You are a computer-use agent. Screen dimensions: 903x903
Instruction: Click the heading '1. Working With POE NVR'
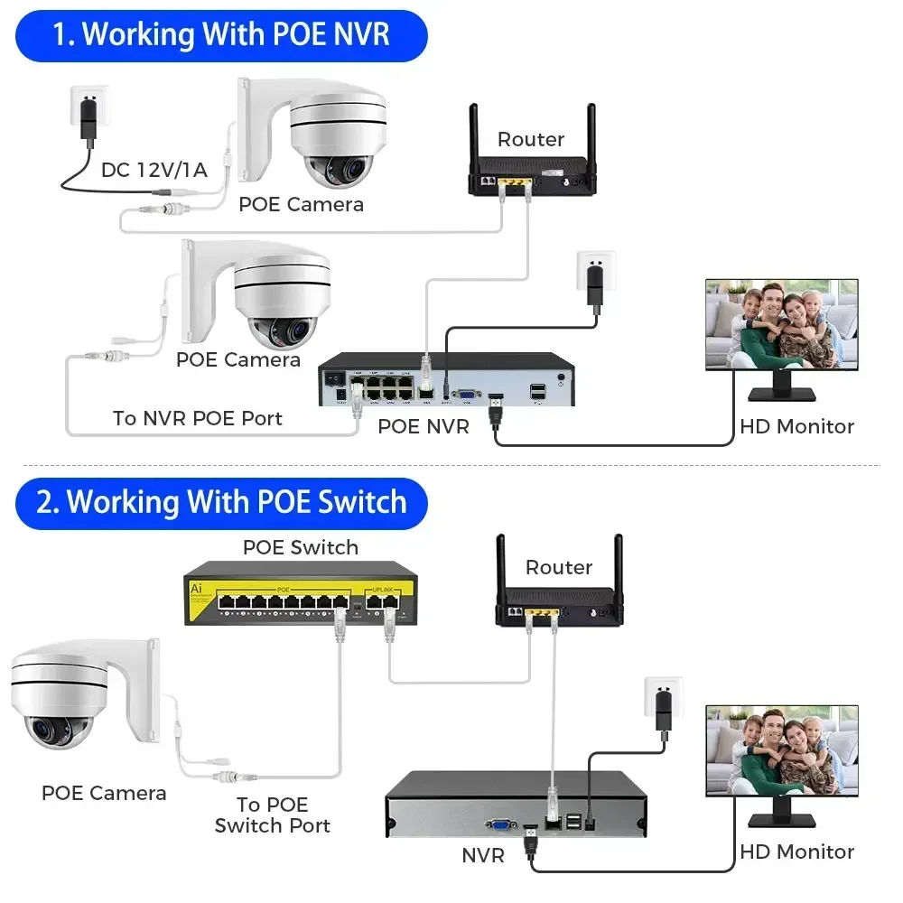click(221, 35)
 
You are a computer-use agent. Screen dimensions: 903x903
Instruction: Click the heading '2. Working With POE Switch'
click(221, 502)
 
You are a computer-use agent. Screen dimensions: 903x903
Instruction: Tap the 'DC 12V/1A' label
click(154, 170)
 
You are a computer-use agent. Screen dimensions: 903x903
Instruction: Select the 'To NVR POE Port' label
click(198, 418)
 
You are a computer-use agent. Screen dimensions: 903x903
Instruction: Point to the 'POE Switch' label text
click(300, 547)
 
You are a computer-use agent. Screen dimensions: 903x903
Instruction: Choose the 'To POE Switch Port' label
click(273, 815)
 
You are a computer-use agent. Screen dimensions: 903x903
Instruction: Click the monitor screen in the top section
click(781, 322)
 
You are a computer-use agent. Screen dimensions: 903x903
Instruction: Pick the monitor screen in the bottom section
click(781, 749)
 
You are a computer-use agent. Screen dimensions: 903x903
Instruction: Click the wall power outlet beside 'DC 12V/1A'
click(89, 112)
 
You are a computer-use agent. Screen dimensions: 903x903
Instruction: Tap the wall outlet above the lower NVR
click(663, 703)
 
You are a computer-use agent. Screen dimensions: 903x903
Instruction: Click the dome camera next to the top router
click(325, 135)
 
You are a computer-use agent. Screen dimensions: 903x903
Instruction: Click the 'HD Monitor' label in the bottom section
click(796, 852)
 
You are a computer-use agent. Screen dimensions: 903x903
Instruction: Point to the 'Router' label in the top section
click(531, 139)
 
